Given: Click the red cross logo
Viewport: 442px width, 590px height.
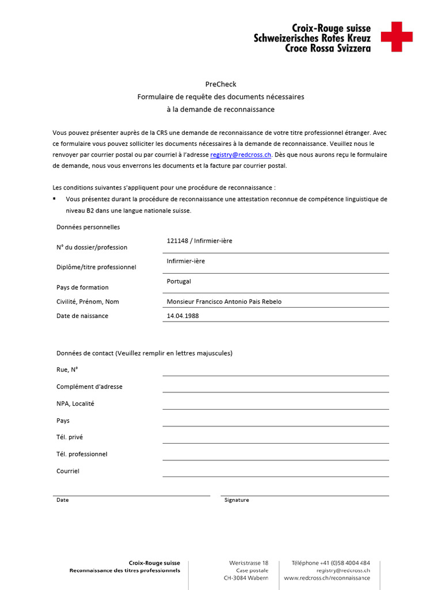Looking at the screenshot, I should (x=397, y=37).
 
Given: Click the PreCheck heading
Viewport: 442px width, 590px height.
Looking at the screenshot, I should (x=220, y=84).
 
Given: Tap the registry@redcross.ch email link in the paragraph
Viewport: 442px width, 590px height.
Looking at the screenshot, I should (x=241, y=155).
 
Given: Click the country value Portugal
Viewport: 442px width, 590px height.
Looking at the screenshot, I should (x=178, y=281).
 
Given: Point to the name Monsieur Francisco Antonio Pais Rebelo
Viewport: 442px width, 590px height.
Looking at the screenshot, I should (x=224, y=302).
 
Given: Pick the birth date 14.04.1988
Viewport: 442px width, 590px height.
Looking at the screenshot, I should (x=182, y=316).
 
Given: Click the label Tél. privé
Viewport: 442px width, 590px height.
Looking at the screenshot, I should (x=70, y=437).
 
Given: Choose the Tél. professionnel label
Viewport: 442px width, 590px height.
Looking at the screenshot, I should (x=82, y=454).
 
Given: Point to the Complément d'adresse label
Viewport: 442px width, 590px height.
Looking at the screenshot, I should (x=89, y=387).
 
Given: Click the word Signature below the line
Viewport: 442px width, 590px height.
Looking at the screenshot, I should (x=237, y=500).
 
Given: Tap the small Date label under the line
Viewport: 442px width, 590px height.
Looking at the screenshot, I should (x=62, y=500).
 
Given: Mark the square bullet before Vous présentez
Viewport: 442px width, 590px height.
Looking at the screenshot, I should (x=54, y=198).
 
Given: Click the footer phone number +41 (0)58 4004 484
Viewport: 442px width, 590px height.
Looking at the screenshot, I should (x=330, y=563).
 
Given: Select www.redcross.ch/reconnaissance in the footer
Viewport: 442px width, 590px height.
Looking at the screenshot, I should (x=326, y=578).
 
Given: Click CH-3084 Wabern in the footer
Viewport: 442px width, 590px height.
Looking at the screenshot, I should (x=246, y=578).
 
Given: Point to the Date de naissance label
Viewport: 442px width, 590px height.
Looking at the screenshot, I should (x=82, y=316).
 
